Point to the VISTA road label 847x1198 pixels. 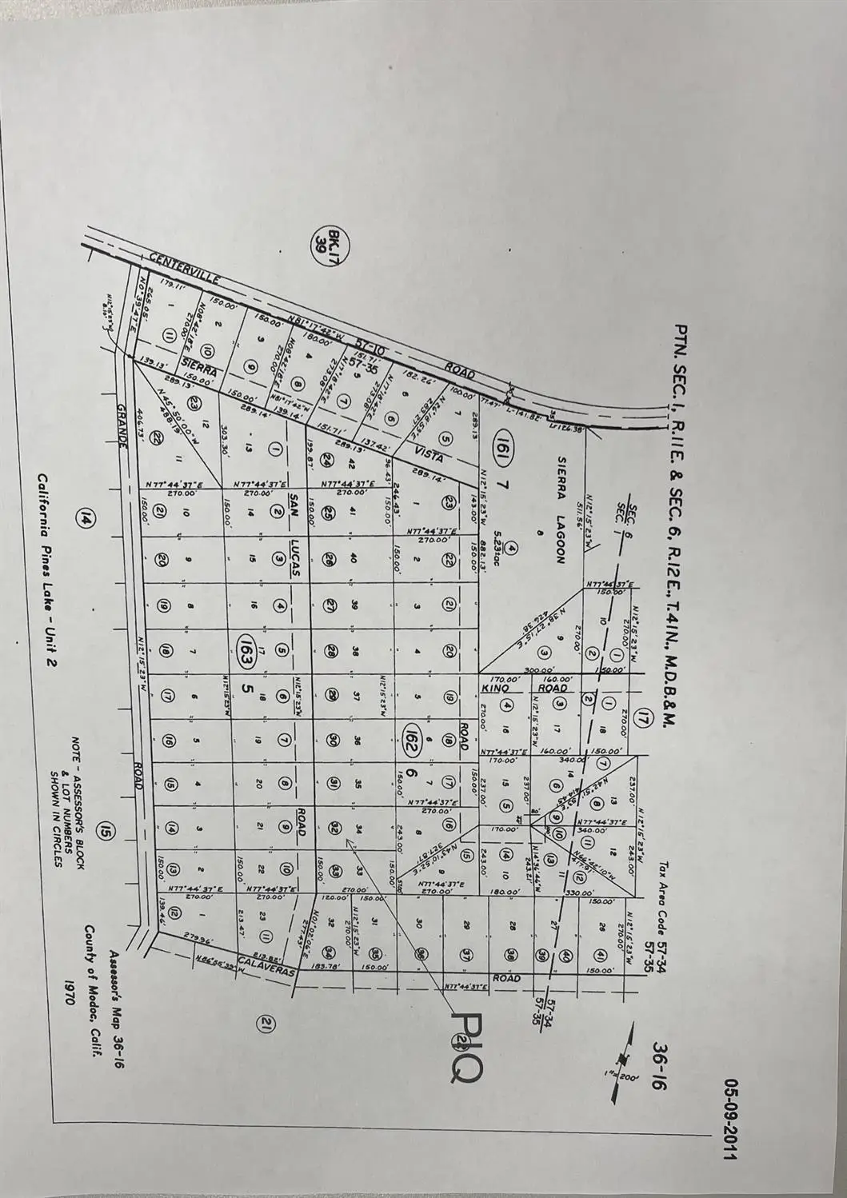click(x=429, y=455)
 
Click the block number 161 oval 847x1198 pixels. click(x=502, y=440)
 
